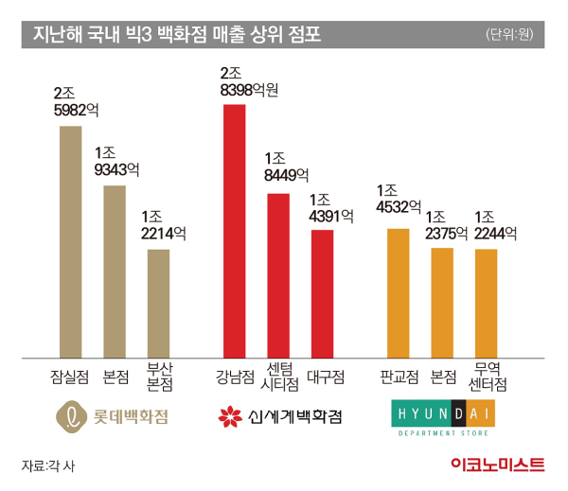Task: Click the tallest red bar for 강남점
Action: point(234,231)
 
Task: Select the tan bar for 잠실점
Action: point(70,242)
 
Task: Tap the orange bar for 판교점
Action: point(398,293)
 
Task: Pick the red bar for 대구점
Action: point(322,293)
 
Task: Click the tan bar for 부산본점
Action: point(158,304)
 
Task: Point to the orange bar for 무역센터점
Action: point(487,304)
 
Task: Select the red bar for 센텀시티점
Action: point(278,275)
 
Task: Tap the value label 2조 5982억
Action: point(77,101)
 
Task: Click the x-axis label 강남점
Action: point(235,377)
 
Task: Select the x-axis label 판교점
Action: point(398,377)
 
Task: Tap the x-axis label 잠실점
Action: point(70,377)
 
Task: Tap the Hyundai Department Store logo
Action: point(442,418)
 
